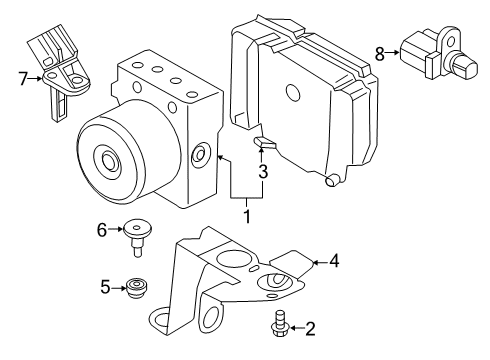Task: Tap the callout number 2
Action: pos(282,328)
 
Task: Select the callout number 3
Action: pos(263,171)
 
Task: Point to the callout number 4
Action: pos(335,263)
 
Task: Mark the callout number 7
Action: pos(22,76)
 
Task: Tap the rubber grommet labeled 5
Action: pos(136,291)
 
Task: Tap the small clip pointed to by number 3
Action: pos(262,144)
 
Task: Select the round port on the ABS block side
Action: pos(199,153)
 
